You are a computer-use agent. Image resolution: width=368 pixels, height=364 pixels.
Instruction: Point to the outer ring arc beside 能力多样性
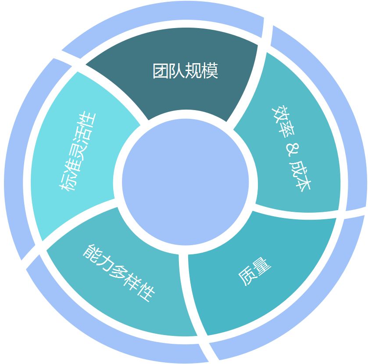pyautogui.click(x=88, y=320)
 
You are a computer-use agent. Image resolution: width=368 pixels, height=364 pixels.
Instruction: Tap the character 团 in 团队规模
pyautogui.click(x=161, y=71)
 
